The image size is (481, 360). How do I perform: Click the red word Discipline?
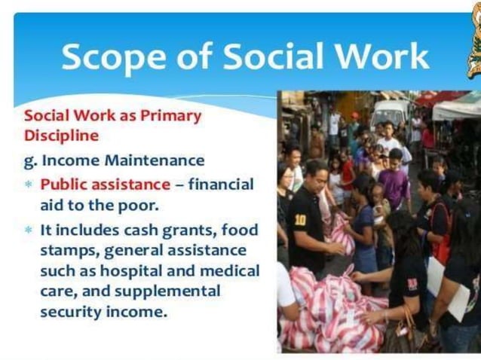coord(61,136)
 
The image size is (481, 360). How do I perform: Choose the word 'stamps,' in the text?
coord(69,250)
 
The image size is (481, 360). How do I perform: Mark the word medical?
coord(230,270)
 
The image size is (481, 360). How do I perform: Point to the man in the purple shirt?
coord(394,181)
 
